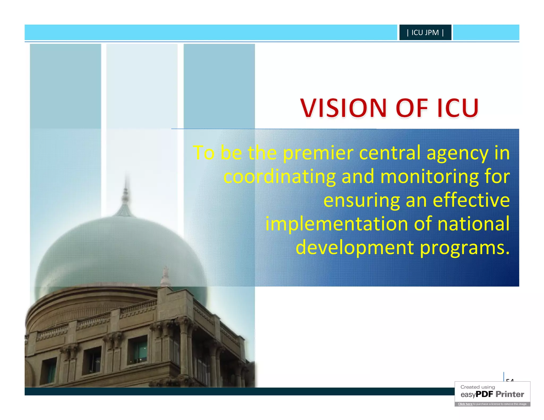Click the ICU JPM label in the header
[x=425, y=32]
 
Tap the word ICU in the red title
[x=458, y=108]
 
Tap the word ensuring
[x=362, y=201]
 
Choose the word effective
[x=471, y=200]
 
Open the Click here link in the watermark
[x=465, y=404]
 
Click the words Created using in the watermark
[x=478, y=387]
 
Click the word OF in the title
[x=412, y=108]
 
